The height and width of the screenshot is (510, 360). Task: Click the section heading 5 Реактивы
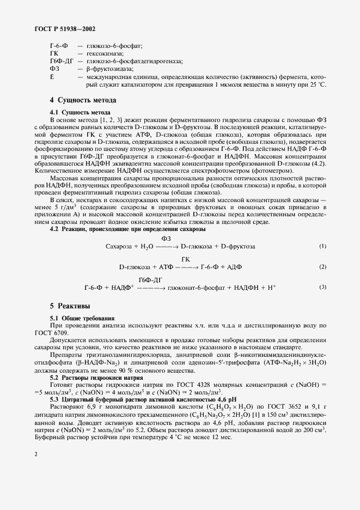tap(70, 306)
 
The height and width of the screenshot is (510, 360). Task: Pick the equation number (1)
tap(323, 246)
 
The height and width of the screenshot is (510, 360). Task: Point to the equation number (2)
tap(323, 266)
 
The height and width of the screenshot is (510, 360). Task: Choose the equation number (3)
tap(323, 287)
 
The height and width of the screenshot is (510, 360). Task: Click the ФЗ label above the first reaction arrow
tap(167, 238)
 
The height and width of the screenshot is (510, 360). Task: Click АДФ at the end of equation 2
tap(234, 267)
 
